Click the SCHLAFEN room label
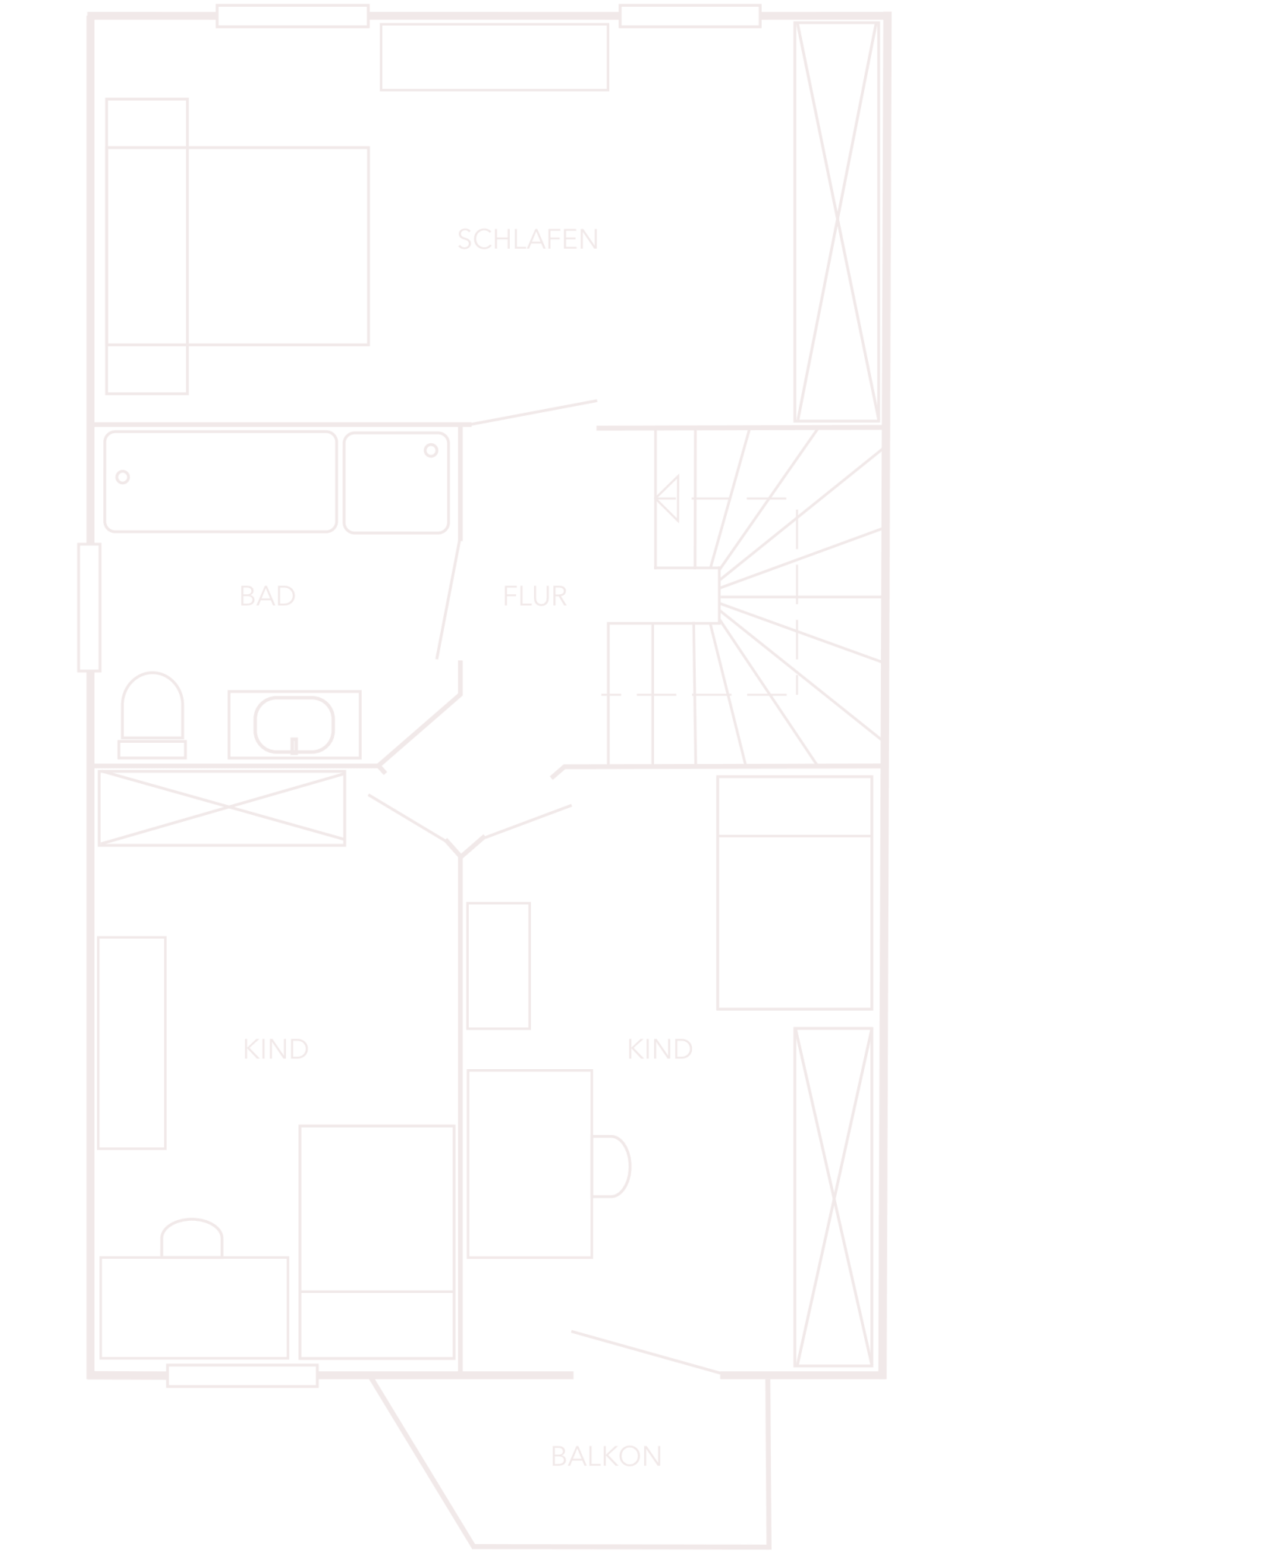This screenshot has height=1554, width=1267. pyautogui.click(x=528, y=239)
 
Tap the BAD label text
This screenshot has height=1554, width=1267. pyautogui.click(x=267, y=596)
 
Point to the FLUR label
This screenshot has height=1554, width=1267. pyautogui.click(x=535, y=596)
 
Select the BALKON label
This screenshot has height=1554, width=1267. pyautogui.click(x=606, y=1456)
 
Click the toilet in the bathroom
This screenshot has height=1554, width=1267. pyautogui.click(x=152, y=714)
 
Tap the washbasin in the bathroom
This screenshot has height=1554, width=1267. pyautogui.click(x=294, y=725)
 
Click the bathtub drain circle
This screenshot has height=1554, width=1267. pyautogui.click(x=123, y=477)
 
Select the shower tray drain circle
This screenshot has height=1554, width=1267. pyautogui.click(x=431, y=451)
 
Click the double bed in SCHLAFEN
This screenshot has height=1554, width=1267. pyautogui.click(x=237, y=246)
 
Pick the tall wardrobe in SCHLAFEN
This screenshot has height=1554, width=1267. pyautogui.click(x=837, y=222)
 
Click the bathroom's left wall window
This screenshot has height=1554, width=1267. pyautogui.click(x=89, y=607)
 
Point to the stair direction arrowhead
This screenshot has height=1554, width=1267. pyautogui.click(x=666, y=499)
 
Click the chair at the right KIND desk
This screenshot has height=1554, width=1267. pyautogui.click(x=611, y=1166)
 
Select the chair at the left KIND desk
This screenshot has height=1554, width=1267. pyautogui.click(x=192, y=1238)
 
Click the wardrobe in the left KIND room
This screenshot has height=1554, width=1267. pyautogui.click(x=222, y=808)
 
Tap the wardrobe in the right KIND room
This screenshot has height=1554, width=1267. pyautogui.click(x=833, y=1197)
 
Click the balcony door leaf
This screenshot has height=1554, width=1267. pyautogui.click(x=646, y=1352)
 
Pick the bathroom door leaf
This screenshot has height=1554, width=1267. pyautogui.click(x=448, y=599)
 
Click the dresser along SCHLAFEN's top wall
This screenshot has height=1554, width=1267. pyautogui.click(x=495, y=57)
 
